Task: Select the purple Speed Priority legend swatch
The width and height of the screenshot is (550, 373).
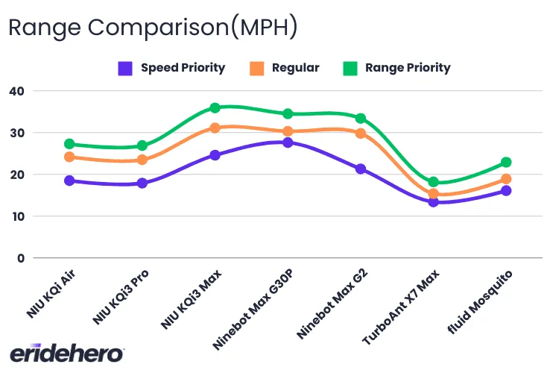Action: point(126,68)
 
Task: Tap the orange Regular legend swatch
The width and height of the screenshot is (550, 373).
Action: point(257,68)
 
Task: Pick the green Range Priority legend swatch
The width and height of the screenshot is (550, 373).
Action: point(350,68)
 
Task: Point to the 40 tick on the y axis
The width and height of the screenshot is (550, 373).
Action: point(16,91)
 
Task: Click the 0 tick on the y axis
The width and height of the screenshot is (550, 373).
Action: point(21,258)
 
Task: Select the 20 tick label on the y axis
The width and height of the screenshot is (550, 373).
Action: point(16,175)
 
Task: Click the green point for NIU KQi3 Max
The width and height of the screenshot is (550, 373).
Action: point(215,108)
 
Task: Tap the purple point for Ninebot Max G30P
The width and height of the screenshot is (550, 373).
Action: point(288,142)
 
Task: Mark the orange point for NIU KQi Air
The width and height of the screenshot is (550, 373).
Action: point(69,157)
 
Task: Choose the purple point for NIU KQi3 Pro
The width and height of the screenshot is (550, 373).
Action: point(142,183)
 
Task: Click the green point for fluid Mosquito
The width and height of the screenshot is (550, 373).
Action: point(506,162)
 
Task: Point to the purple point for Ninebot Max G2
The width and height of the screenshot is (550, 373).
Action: point(361,169)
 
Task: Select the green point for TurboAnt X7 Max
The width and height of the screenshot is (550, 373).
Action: point(433,182)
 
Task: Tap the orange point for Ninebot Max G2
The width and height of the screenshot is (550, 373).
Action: point(361,134)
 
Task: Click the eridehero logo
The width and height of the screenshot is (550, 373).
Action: point(66,354)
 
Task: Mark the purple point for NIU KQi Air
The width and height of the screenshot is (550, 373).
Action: point(69,181)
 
